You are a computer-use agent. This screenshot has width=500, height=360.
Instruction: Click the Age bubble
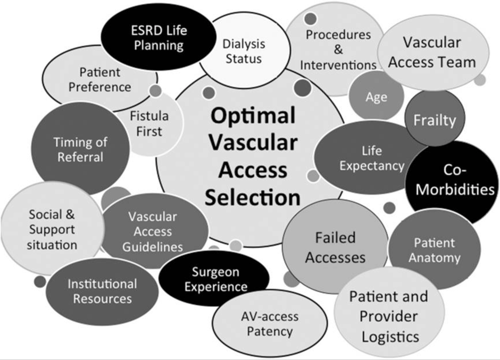[376, 97]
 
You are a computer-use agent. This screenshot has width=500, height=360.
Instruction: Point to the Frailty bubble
[435, 120]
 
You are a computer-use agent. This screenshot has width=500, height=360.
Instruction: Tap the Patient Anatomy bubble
[435, 250]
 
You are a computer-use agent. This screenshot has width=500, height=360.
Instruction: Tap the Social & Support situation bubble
[52, 230]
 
